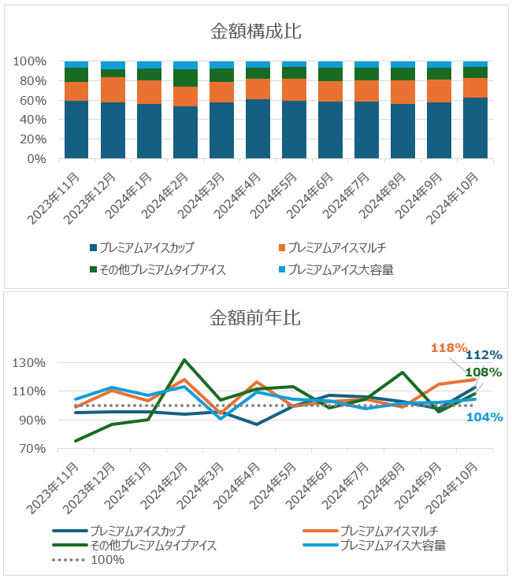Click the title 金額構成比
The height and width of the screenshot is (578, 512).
tap(256, 31)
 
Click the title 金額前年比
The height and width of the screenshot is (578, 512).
tap(255, 319)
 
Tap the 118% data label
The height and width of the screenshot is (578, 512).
tap(449, 348)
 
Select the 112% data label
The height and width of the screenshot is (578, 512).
tap(485, 356)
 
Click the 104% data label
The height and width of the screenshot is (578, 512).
tap(485, 417)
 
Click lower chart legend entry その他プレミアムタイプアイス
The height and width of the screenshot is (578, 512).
tap(153, 545)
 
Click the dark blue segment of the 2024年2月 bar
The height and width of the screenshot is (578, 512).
tap(185, 132)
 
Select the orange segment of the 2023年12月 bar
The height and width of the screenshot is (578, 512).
tap(113, 90)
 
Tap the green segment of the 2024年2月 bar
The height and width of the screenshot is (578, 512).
tap(185, 78)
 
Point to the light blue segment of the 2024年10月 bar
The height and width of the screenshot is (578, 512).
tap(475, 64)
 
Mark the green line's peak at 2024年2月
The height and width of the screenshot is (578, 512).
tap(184, 361)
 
